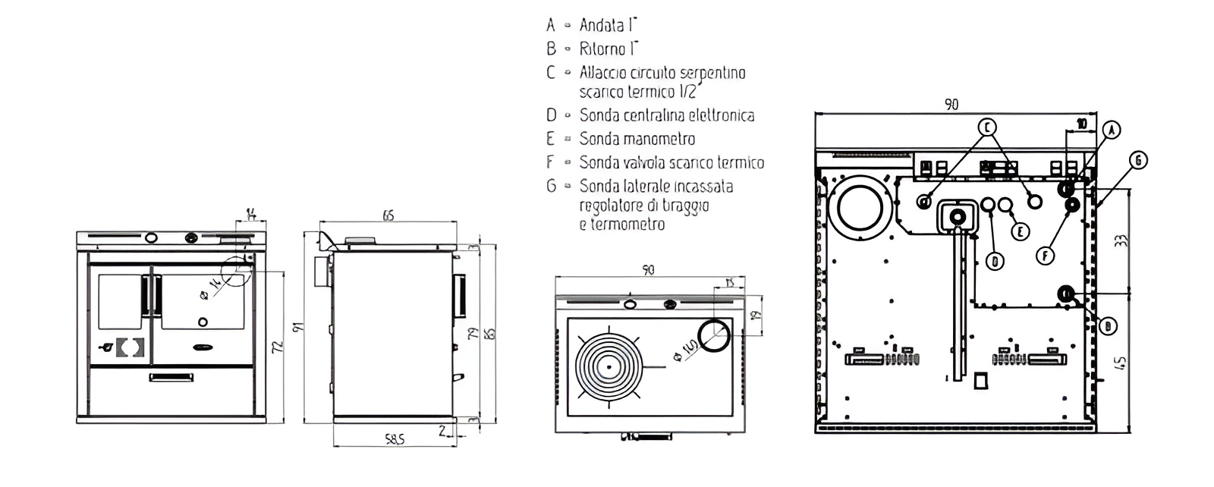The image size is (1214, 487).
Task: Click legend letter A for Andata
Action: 551,25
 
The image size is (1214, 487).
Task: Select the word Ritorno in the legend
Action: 602,49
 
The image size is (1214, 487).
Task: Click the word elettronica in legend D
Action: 719,115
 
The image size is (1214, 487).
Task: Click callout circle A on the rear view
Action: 1110,130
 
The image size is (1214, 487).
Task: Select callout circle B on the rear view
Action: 1107,326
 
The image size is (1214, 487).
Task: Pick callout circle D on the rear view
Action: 995,262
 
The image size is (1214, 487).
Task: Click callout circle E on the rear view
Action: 1021,231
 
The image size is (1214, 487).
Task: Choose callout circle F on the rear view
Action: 1046,256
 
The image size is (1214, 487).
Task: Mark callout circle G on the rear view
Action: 1137,159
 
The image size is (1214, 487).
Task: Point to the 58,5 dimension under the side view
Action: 394,438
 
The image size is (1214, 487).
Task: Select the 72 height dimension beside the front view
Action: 278,347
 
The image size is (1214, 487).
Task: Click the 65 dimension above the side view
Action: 388,216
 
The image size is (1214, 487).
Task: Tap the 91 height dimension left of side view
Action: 297,328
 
